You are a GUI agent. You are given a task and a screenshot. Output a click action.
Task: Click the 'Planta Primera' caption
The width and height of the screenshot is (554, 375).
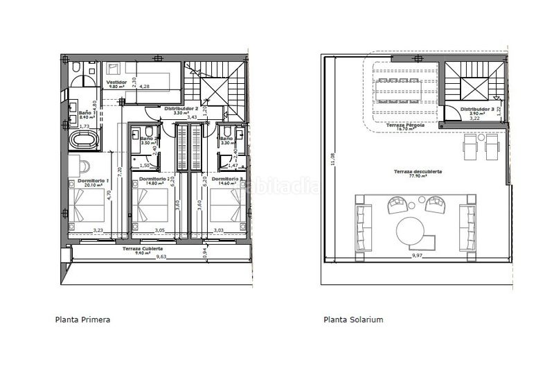82,320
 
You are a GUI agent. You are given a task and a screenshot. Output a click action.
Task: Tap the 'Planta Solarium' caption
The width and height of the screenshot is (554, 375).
353,320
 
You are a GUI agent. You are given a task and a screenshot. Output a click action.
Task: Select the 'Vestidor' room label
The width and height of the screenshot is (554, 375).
115,82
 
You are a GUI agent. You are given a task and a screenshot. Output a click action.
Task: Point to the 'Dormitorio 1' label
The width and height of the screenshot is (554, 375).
82,180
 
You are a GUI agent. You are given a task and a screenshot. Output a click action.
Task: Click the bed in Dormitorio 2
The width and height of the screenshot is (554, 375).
151,205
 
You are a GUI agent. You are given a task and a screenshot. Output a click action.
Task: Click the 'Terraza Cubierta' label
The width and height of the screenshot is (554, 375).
143,248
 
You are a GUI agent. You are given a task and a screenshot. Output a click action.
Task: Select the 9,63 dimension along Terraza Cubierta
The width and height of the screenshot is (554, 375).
161,257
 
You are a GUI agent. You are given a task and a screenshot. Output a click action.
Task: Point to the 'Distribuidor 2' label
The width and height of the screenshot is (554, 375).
181,109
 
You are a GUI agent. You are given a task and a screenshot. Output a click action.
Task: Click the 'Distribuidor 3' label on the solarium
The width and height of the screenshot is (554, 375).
478,109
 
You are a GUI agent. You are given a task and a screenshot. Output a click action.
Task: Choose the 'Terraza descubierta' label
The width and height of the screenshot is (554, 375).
418,171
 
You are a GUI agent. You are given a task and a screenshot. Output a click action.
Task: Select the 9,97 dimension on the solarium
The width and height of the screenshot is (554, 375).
418,256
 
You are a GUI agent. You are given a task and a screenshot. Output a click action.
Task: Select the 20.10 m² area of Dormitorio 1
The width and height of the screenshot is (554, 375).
84,185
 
